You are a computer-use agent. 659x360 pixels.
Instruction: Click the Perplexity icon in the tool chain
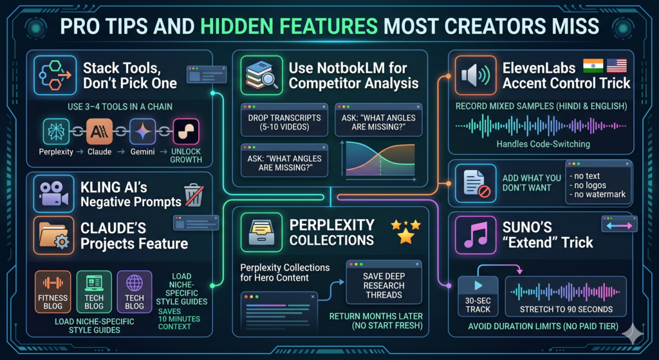tap(56, 131)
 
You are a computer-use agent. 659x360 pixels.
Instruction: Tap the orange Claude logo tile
tap(99, 131)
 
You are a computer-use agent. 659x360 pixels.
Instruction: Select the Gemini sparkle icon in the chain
tap(142, 131)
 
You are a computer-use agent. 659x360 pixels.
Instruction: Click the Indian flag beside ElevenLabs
tap(593, 66)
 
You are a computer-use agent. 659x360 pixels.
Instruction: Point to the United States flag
tap(617, 66)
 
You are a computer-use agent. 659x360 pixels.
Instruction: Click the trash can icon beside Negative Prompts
tap(194, 194)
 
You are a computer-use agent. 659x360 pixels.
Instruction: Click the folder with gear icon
tap(54, 236)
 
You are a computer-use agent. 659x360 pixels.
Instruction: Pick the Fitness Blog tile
tap(53, 292)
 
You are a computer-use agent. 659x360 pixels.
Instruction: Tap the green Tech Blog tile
tap(94, 292)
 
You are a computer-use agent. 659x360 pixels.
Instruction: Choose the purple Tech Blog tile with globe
tap(135, 292)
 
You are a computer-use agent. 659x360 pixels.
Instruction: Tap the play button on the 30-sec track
tap(478, 286)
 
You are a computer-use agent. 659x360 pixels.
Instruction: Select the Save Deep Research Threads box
tap(384, 282)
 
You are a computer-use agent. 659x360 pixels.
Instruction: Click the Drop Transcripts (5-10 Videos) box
tap(284, 119)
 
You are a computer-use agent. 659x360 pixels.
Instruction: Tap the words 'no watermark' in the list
tap(597, 194)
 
